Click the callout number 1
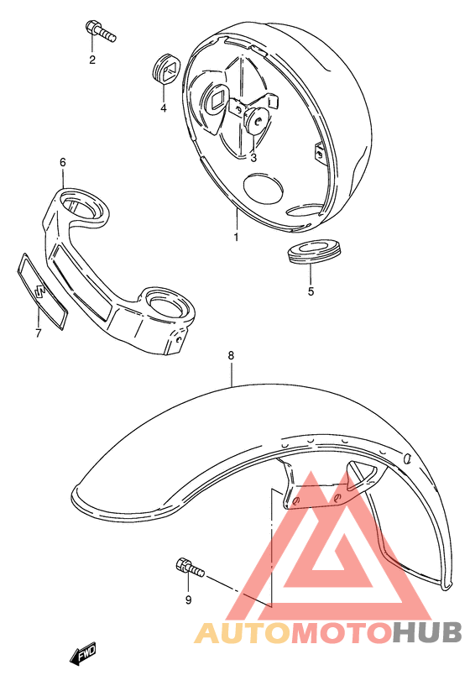[236, 238]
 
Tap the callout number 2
[92, 59]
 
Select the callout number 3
[253, 157]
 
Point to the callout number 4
[164, 107]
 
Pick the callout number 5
[310, 292]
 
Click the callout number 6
[62, 161]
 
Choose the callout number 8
[231, 356]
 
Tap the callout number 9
[188, 600]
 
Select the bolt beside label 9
[190, 568]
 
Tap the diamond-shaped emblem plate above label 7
[41, 291]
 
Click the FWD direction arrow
[85, 654]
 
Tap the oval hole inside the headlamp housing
[267, 185]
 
